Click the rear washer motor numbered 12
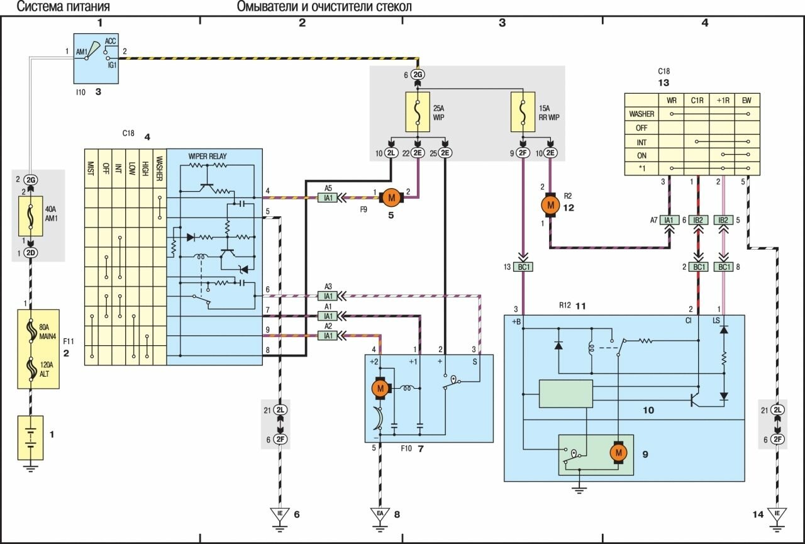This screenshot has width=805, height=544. pyautogui.click(x=551, y=204)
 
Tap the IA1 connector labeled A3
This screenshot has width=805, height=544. pyautogui.click(x=328, y=296)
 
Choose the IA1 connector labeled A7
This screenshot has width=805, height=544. pyautogui.click(x=669, y=220)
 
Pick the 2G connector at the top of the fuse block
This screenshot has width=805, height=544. pyautogui.click(x=418, y=75)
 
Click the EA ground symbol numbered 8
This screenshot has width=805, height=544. pyautogui.click(x=380, y=514)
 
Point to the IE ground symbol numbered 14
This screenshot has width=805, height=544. pyautogui.click(x=778, y=514)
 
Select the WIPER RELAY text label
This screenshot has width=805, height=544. pyautogui.click(x=209, y=155)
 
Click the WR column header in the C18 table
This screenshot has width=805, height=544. pyautogui.click(x=672, y=99)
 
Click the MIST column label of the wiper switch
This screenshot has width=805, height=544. pyautogui.click(x=92, y=166)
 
